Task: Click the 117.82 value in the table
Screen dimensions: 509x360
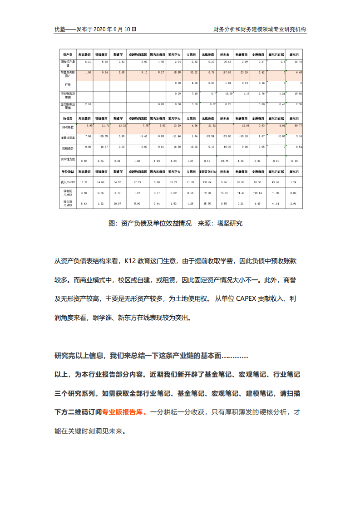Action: tap(227, 72)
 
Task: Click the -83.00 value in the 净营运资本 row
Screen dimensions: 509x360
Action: tap(227, 136)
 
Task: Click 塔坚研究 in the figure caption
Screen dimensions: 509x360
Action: tap(231, 223)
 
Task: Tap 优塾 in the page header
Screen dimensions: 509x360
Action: tap(60, 29)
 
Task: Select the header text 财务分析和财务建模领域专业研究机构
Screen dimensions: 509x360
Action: tap(260, 29)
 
